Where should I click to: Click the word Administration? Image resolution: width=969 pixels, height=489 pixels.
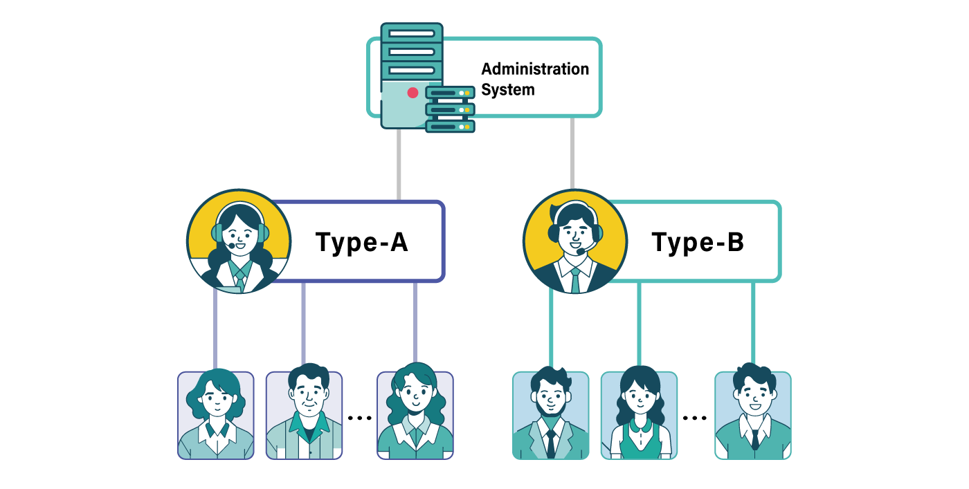click(535, 69)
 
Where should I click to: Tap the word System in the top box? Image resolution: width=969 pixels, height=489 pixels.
click(508, 90)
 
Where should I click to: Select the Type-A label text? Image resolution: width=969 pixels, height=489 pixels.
click(361, 242)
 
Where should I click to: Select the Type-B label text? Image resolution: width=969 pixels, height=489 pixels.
click(698, 242)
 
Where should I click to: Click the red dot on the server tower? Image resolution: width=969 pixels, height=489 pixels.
click(413, 93)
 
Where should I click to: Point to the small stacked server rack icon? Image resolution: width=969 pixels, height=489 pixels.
click(451, 109)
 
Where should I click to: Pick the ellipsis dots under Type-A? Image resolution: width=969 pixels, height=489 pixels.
click(360, 418)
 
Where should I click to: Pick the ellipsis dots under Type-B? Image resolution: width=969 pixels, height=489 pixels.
click(695, 418)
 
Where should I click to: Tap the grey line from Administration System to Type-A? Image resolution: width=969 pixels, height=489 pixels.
click(399, 165)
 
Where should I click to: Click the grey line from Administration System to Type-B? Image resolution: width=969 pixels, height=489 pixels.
click(572, 154)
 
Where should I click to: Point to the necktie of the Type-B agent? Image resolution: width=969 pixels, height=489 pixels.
click(575, 281)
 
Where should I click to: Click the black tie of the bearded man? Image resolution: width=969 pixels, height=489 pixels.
click(551, 443)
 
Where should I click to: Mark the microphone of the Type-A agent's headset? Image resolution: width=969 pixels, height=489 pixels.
click(231, 246)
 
